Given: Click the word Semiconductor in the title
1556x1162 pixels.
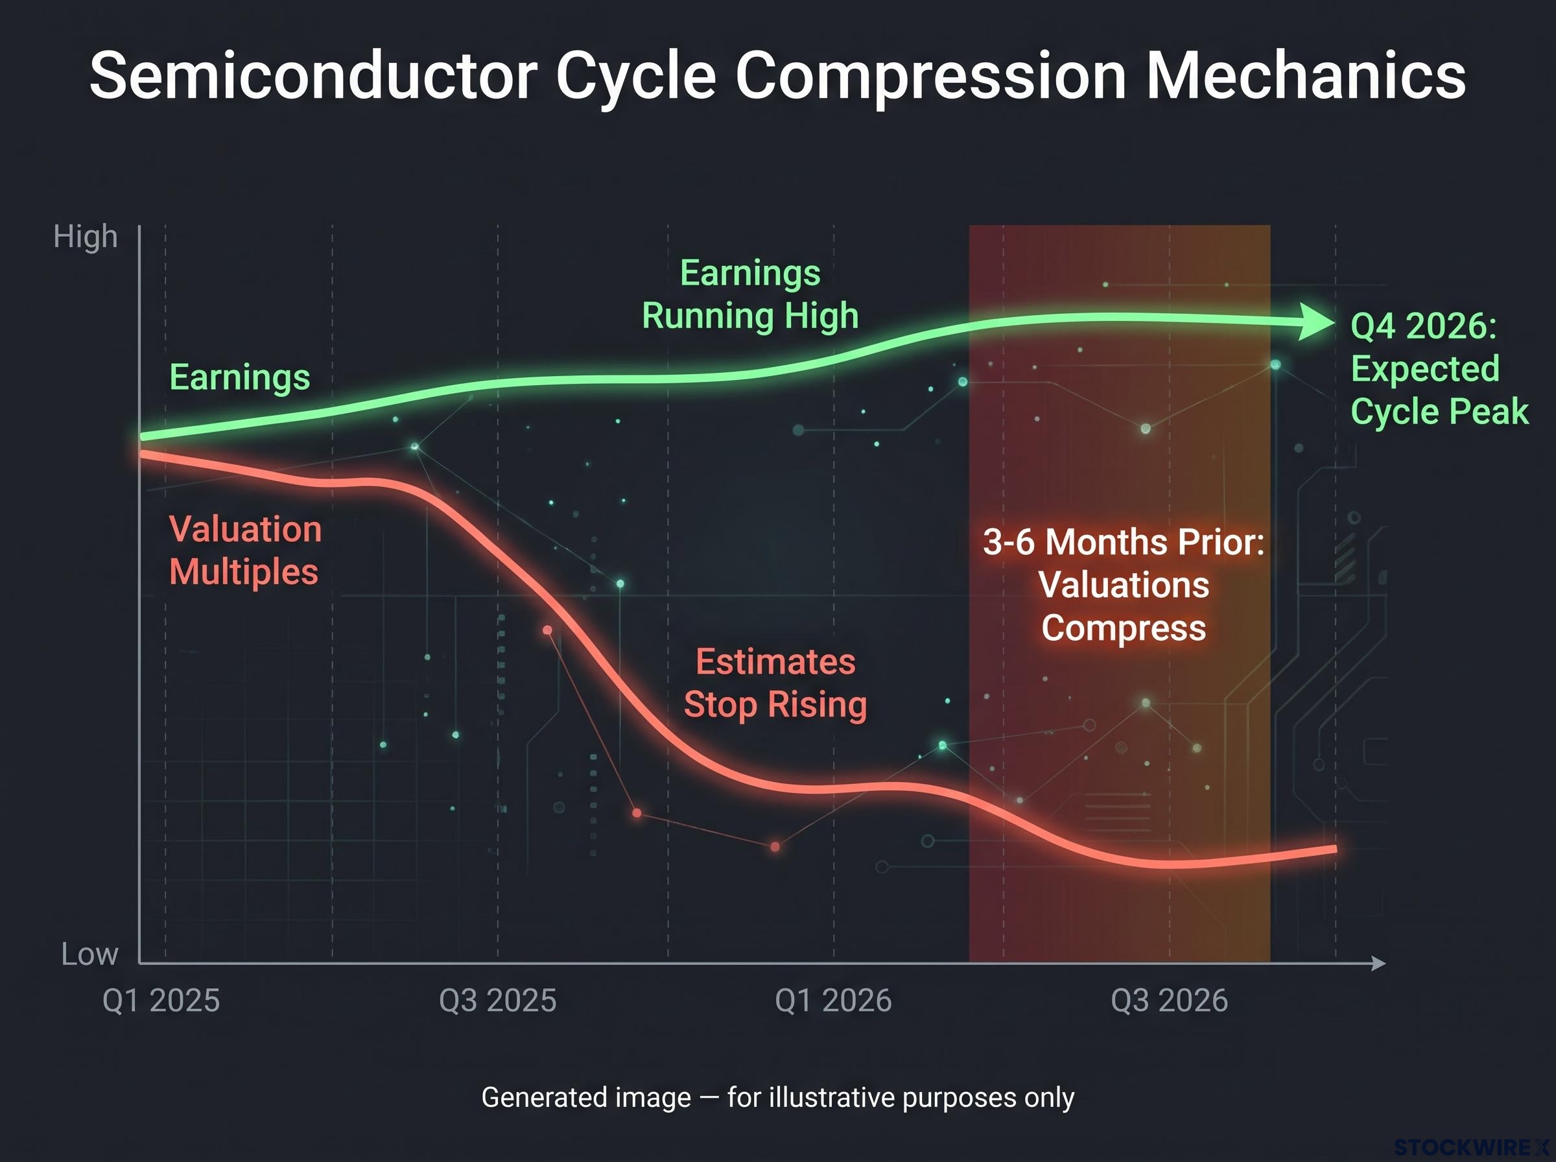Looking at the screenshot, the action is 314,75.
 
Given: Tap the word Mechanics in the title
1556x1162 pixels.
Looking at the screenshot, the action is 1306,75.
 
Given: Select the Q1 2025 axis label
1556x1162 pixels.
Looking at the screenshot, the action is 161,1001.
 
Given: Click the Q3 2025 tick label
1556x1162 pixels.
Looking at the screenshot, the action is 498,1001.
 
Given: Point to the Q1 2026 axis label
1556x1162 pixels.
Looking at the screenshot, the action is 833,1001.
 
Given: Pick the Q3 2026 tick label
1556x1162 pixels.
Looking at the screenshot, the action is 1170,1001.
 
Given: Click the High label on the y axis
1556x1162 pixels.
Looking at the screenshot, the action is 86,237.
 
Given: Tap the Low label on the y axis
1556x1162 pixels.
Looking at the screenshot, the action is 90,954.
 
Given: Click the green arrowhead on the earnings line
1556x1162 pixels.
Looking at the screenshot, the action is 1315,322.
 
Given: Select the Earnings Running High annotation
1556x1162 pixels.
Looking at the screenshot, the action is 750,294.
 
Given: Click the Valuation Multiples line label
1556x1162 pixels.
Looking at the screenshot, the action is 245,550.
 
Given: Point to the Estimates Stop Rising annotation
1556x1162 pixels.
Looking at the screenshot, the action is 775,683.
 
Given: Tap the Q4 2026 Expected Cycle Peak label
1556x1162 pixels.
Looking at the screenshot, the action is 1439,368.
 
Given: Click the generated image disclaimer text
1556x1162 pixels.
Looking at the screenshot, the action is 777,1097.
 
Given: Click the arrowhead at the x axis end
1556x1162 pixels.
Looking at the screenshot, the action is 1379,963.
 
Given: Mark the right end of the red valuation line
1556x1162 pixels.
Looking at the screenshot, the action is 1335,849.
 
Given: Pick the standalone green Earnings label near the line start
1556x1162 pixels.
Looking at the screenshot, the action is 240,378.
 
